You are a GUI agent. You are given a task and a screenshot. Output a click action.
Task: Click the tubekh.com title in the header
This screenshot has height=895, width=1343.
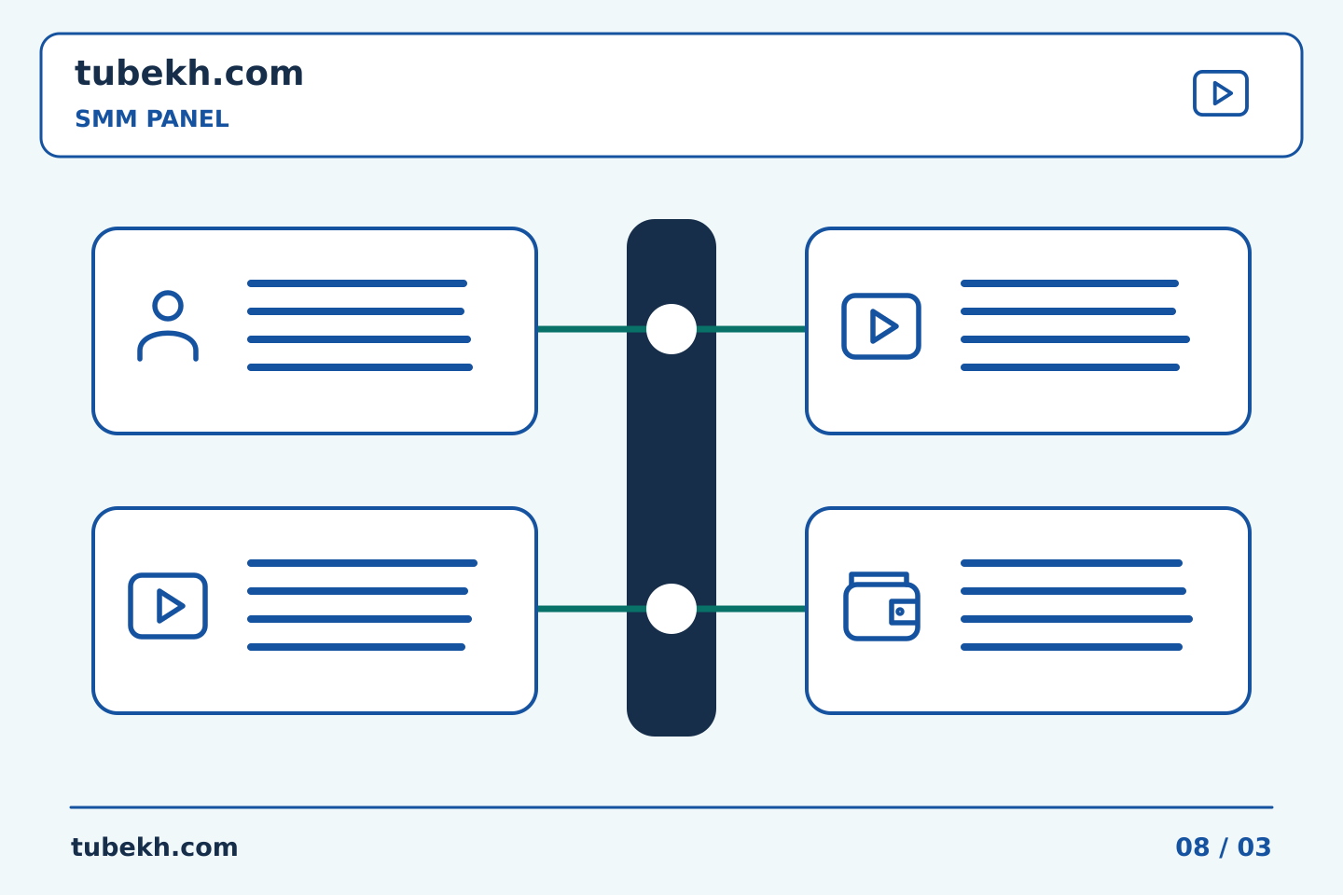tap(188, 74)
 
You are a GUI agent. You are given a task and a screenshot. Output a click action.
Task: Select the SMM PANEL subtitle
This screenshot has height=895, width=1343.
tap(152, 118)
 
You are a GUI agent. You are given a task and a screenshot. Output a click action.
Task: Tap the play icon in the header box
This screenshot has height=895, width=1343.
tap(1220, 93)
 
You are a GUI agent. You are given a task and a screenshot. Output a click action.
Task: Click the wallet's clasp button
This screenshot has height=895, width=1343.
tap(899, 612)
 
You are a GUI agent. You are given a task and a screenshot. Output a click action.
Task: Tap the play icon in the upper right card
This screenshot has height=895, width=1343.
tap(881, 326)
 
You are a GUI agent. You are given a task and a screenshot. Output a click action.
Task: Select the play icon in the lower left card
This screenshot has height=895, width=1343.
tap(168, 606)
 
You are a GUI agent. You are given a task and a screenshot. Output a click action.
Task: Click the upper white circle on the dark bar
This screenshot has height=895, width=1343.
tap(671, 329)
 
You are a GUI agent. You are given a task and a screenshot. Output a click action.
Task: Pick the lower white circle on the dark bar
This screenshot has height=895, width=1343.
tap(671, 609)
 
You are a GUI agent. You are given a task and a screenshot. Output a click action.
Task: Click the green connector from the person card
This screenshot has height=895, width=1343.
tap(591, 329)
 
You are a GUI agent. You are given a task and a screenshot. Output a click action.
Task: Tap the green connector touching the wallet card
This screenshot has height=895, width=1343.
tap(752, 609)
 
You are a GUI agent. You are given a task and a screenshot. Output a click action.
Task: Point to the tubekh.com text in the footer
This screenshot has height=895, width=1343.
tap(154, 847)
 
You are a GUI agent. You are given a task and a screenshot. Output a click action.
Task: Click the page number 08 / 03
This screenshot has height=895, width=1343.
tap(1223, 847)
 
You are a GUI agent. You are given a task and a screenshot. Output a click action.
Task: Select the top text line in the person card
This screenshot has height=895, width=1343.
tap(357, 283)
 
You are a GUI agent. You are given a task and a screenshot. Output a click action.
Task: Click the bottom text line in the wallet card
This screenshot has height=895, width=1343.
tap(1072, 647)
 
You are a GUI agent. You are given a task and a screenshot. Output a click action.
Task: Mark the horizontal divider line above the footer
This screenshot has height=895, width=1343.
tap(671, 807)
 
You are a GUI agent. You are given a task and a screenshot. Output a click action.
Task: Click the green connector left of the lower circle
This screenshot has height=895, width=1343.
tap(591, 609)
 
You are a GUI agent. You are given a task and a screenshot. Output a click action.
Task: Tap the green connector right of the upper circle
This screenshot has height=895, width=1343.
tap(752, 329)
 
